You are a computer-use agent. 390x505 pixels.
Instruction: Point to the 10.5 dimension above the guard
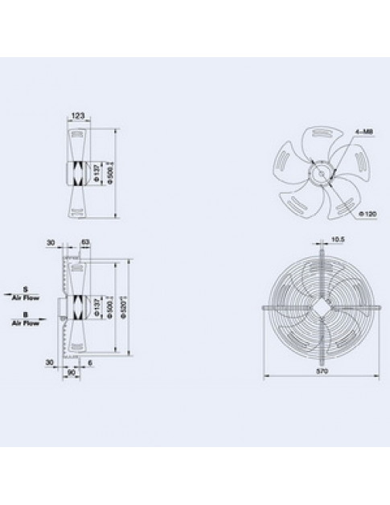point(338,240)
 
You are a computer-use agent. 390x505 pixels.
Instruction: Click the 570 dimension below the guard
point(320,373)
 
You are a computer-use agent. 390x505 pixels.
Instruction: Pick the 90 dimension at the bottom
point(72,372)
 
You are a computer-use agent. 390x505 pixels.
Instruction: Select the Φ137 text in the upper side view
point(97,173)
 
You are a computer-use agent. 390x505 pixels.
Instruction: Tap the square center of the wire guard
point(320,307)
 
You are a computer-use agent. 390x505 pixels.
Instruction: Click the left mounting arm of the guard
point(268,307)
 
